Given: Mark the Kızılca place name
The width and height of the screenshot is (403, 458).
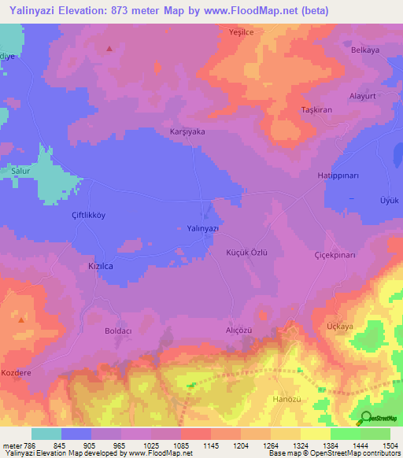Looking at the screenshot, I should click(x=91, y=267).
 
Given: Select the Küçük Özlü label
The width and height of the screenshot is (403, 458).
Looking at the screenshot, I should click(x=247, y=253).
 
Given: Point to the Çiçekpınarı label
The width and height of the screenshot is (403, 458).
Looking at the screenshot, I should click(x=335, y=256).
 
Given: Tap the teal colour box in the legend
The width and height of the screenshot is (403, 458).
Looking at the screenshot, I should click(x=46, y=433).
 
